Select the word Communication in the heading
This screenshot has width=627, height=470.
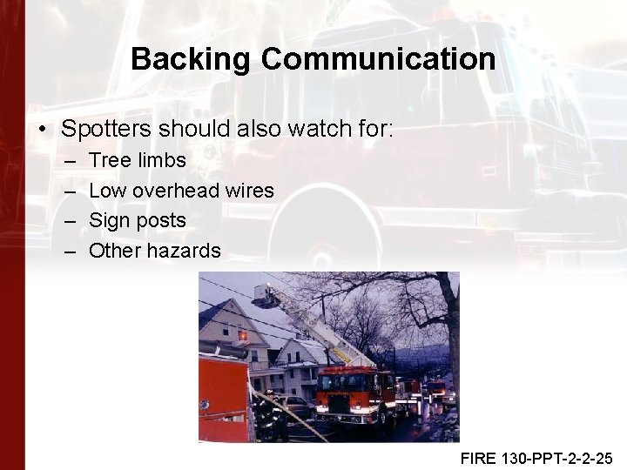[378, 60]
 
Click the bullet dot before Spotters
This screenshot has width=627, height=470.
[42, 131]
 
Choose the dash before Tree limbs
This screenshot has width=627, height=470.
[70, 161]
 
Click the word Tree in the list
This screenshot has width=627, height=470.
[109, 160]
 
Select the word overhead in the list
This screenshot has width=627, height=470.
[177, 191]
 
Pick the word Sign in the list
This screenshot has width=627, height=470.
[109, 221]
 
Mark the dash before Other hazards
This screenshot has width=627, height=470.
[70, 252]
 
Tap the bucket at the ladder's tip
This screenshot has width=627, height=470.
[266, 296]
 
